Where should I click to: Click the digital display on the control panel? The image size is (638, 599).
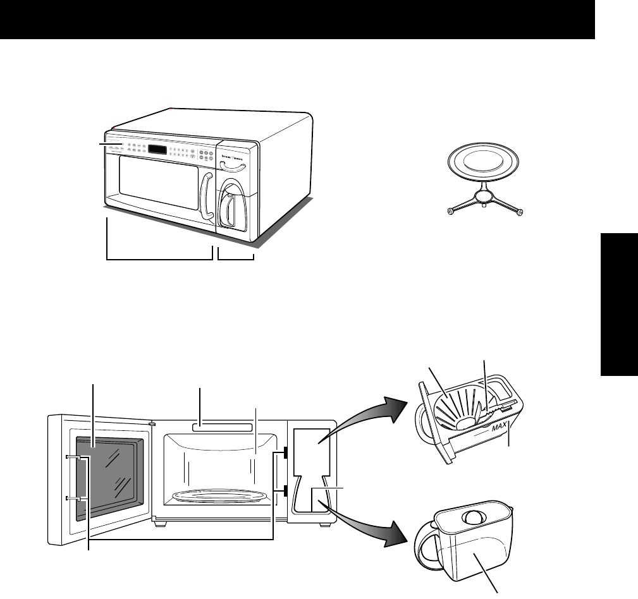click(157, 150)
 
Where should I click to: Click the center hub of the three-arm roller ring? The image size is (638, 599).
click(484, 197)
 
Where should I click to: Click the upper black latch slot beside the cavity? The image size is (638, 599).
click(286, 453)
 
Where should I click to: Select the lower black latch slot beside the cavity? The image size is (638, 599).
click(286, 491)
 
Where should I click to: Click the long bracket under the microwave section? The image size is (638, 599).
click(159, 258)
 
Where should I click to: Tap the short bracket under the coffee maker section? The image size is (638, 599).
click(235, 258)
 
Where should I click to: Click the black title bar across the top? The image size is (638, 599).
click(297, 19)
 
